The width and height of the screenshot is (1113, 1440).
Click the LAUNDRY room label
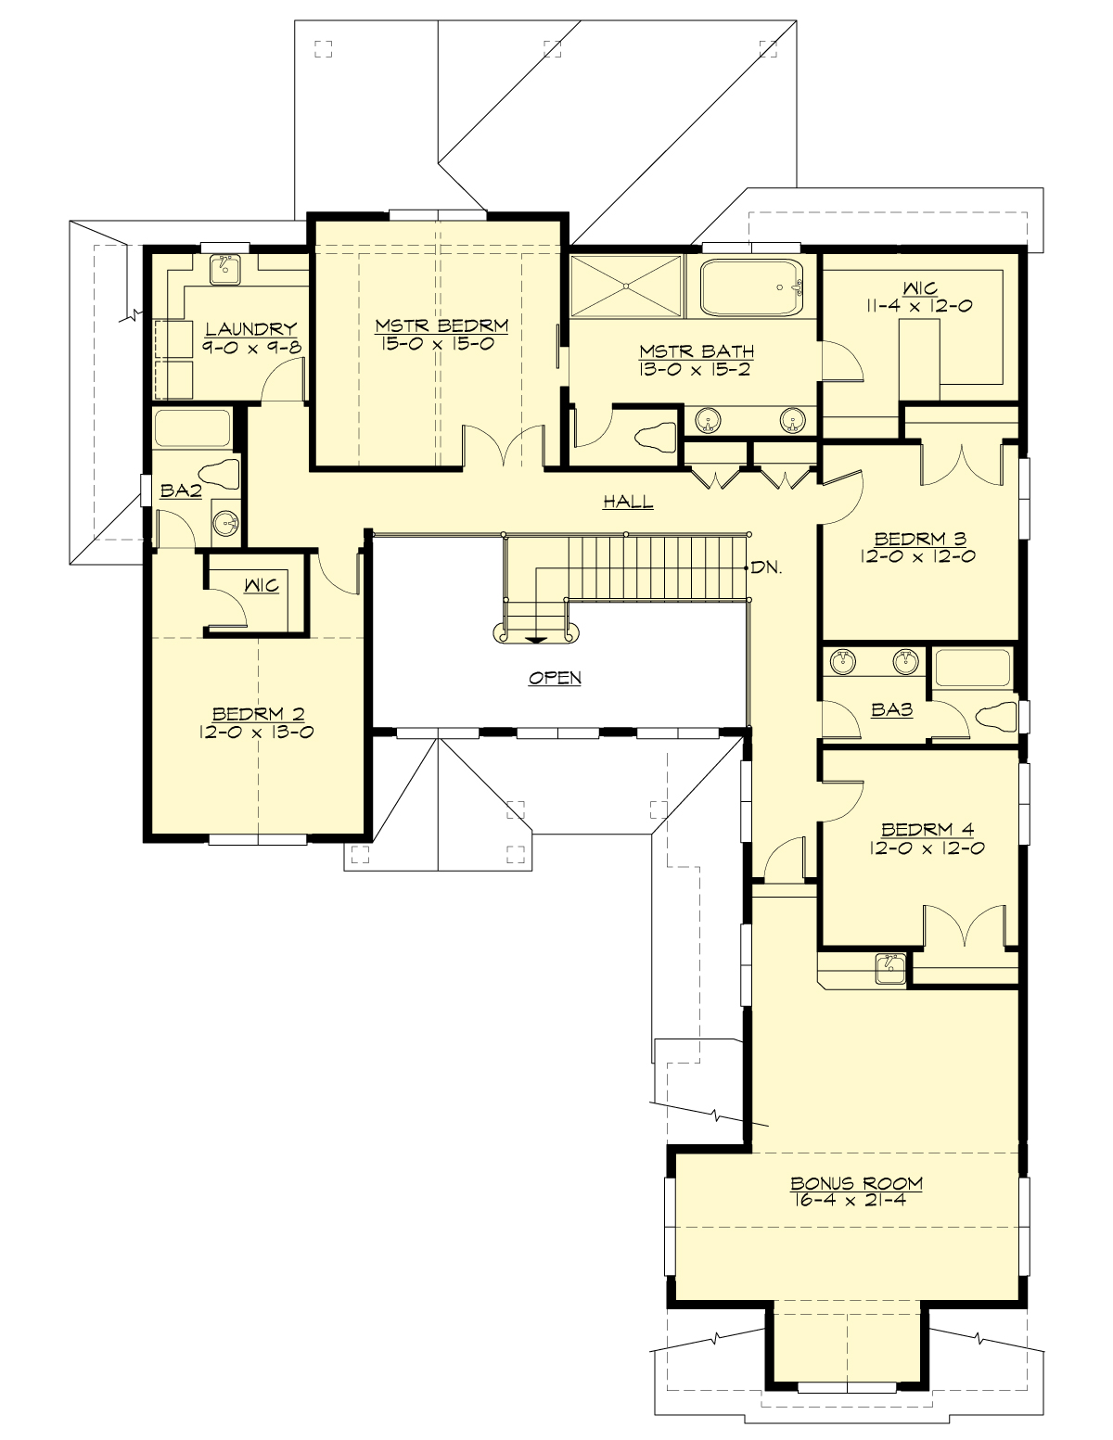(x=250, y=328)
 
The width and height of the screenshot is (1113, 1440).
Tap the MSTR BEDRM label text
(x=441, y=325)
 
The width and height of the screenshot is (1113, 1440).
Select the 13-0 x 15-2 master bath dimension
(x=695, y=368)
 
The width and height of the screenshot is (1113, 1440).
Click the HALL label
(x=628, y=502)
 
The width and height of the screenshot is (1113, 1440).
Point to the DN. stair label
(x=766, y=567)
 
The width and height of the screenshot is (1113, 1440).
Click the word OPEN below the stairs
(x=555, y=678)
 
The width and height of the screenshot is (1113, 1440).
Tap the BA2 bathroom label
(x=181, y=491)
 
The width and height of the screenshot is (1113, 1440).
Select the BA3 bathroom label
(x=892, y=710)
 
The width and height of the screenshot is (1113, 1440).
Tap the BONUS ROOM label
(x=856, y=1183)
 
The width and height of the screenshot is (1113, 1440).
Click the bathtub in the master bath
(x=751, y=287)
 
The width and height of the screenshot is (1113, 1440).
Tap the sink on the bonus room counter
(x=890, y=967)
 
